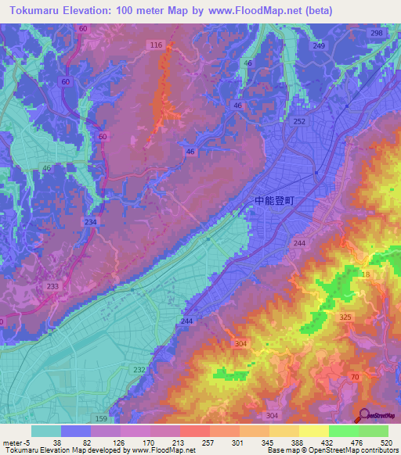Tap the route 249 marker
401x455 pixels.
(x=319, y=46)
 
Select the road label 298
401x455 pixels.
(x=377, y=33)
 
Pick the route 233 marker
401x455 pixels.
(x=52, y=287)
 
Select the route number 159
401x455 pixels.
(x=101, y=419)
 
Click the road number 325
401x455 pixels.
(x=346, y=317)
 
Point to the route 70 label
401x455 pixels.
(x=355, y=378)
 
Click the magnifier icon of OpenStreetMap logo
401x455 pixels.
(x=364, y=416)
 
